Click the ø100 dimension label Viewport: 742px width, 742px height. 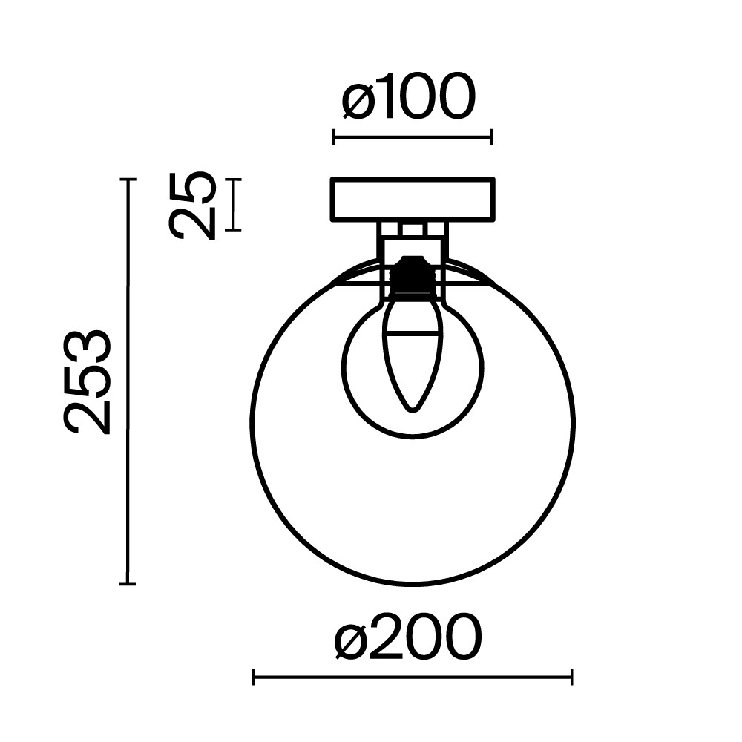(407, 98)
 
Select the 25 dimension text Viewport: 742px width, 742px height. (192, 206)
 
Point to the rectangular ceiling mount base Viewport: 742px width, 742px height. (413, 199)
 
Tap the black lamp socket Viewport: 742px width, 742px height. (412, 276)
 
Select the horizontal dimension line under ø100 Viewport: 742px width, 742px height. (413, 137)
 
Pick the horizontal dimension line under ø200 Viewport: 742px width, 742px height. (413, 676)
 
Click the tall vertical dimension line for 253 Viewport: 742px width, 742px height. (128, 381)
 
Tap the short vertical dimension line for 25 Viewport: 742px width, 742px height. (234, 205)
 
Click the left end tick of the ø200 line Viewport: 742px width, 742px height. (254, 676)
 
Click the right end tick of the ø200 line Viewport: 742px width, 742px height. (571, 676)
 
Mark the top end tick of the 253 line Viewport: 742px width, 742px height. (128, 180)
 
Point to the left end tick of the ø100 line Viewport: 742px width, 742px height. (334, 137)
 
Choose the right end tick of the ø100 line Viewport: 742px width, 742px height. (492, 137)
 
